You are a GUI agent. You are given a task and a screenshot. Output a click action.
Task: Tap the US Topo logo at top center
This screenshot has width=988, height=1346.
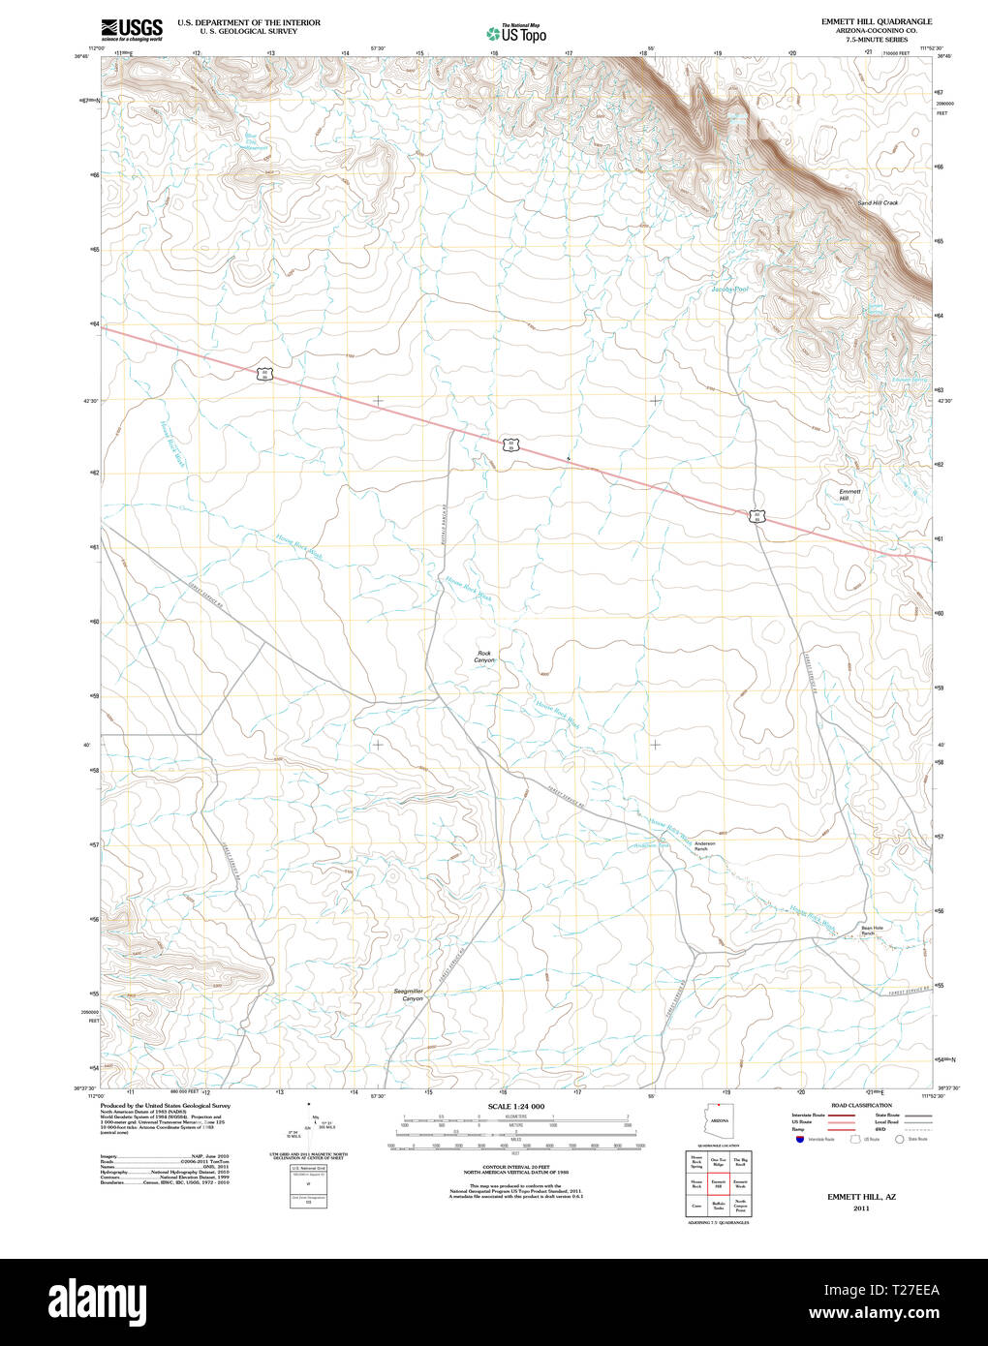[516, 33]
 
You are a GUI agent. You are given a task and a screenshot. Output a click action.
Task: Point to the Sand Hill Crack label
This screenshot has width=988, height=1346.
[878, 203]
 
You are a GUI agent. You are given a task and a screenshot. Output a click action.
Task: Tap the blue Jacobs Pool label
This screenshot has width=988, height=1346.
[729, 290]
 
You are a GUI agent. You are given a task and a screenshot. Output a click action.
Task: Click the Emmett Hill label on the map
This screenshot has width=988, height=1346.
[849, 495]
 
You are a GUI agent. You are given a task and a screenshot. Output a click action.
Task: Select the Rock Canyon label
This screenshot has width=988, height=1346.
[484, 657]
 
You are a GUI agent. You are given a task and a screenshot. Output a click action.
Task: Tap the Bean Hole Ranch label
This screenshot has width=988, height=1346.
[873, 931]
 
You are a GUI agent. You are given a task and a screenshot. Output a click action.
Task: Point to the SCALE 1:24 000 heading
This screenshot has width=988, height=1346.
[515, 1106]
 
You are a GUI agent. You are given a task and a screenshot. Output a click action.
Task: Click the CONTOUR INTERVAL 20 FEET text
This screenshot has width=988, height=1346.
[515, 1167]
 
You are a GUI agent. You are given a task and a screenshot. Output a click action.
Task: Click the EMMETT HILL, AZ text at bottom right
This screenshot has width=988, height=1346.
[861, 1197]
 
